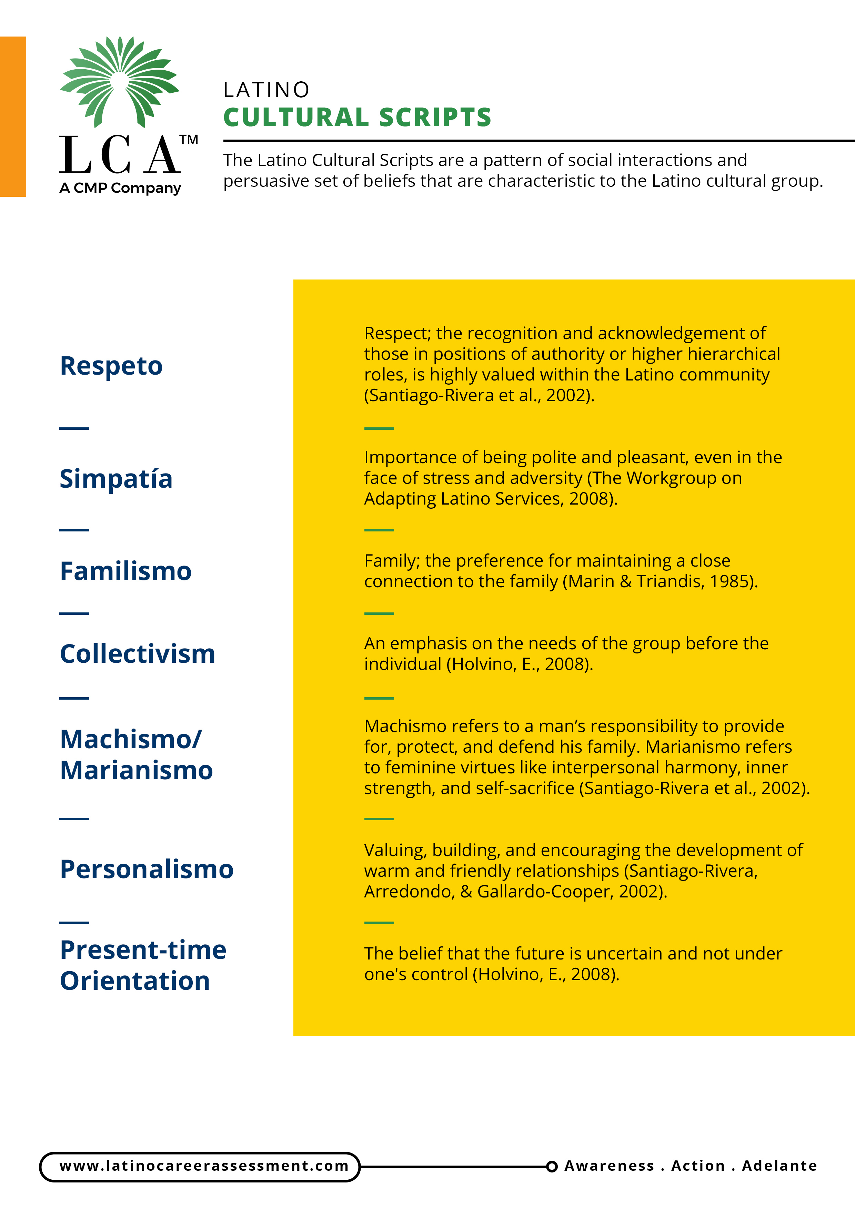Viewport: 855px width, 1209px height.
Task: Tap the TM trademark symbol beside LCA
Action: pos(189,140)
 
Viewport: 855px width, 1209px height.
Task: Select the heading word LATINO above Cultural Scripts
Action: pos(266,90)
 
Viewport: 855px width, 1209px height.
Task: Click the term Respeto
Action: pos(111,366)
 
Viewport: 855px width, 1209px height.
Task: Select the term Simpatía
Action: pos(116,479)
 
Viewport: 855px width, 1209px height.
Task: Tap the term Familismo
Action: pos(125,571)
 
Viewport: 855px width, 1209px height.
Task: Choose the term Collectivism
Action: pos(138,654)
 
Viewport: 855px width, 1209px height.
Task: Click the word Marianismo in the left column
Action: pos(137,770)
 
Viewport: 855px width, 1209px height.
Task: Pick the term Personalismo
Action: pos(147,870)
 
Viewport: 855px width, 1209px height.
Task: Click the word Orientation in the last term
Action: pos(135,981)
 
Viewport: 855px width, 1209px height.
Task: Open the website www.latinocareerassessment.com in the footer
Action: pos(204,1166)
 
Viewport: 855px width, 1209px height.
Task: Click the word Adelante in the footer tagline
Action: pos(779,1166)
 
